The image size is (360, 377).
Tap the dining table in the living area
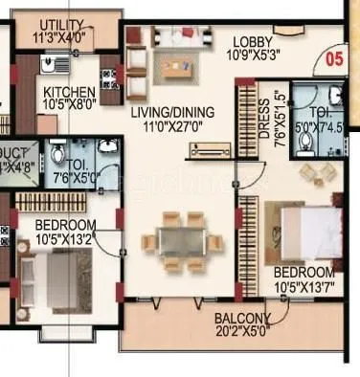(182, 238)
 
